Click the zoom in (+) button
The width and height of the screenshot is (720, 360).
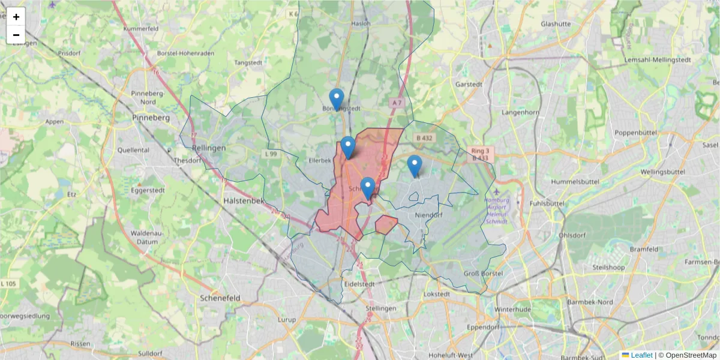click(x=16, y=17)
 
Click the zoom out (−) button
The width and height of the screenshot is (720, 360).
click(x=16, y=35)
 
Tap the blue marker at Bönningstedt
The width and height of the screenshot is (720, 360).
click(x=337, y=100)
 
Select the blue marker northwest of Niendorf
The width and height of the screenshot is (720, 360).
click(x=414, y=166)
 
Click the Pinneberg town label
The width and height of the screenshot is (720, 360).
click(x=151, y=118)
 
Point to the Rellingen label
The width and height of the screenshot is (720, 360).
click(x=209, y=148)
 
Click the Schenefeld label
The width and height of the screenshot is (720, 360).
click(x=220, y=298)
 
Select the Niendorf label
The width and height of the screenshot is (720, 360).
click(x=428, y=215)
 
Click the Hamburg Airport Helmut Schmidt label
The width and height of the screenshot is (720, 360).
click(x=496, y=211)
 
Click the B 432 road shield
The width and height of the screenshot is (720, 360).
click(x=424, y=138)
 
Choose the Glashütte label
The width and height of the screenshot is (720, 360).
click(x=556, y=24)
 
